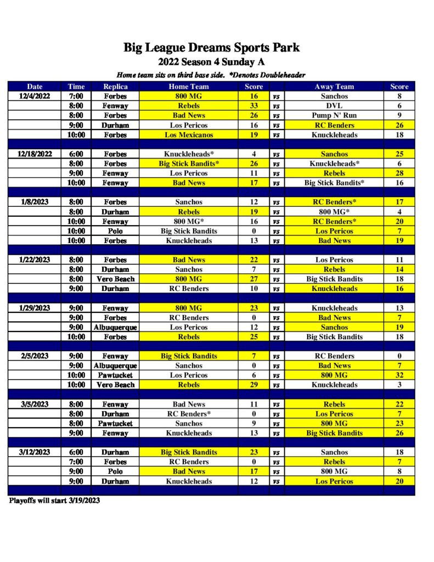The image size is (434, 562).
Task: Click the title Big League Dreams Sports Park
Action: pyautogui.click(x=211, y=47)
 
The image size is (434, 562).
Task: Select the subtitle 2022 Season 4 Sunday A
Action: pyautogui.click(x=211, y=62)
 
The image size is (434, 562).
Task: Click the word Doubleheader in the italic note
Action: pyautogui.click(x=282, y=75)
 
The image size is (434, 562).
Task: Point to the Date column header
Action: pyautogui.click(x=35, y=86)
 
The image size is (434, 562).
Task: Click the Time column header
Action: pyautogui.click(x=76, y=86)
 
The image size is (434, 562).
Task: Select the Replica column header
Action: pyautogui.click(x=115, y=86)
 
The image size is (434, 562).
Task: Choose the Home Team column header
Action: pyautogui.click(x=188, y=86)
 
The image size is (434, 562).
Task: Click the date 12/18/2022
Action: pyautogui.click(x=35, y=154)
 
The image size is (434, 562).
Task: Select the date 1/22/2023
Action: pyautogui.click(x=35, y=260)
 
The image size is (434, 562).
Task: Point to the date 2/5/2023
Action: pyautogui.click(x=35, y=356)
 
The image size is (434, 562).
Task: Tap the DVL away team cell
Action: pyautogui.click(x=334, y=106)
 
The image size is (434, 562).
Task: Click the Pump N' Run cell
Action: pyautogui.click(x=334, y=115)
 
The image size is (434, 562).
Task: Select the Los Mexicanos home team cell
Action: pyautogui.click(x=188, y=135)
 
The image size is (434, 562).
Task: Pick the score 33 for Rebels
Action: pyautogui.click(x=253, y=106)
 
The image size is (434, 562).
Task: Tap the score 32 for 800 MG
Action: pyautogui.click(x=399, y=375)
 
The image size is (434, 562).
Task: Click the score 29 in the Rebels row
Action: pyautogui.click(x=253, y=385)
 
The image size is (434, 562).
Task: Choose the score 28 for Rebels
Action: pyautogui.click(x=399, y=173)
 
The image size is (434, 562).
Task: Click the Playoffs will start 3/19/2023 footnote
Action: pyautogui.click(x=54, y=501)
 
